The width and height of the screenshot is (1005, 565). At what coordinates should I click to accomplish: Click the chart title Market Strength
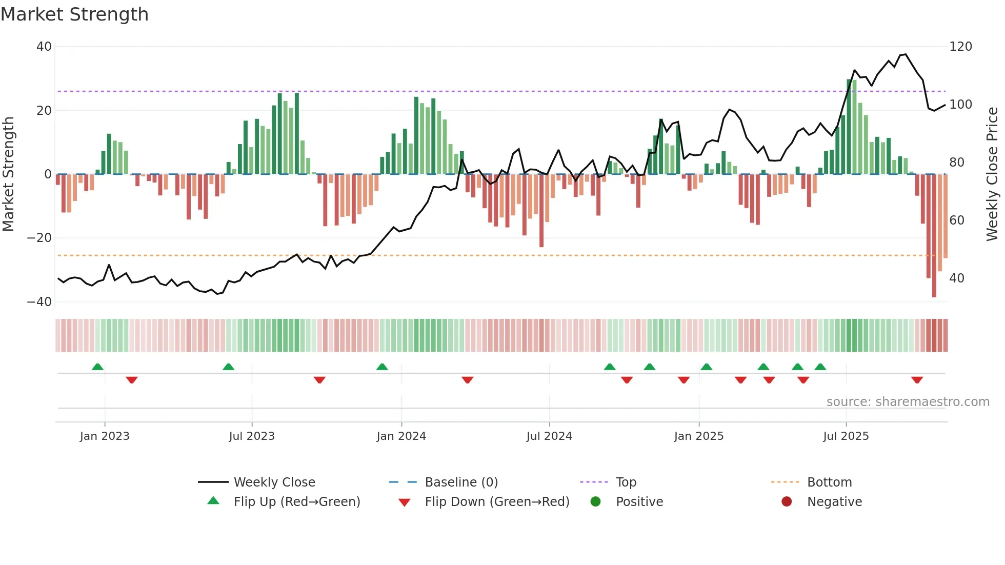click(x=74, y=14)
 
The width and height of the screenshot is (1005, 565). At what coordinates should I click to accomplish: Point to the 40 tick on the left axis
click(x=44, y=47)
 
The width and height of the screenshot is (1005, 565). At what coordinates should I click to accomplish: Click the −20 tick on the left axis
click(x=39, y=238)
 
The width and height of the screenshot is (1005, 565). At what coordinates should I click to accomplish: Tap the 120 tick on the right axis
click(x=960, y=47)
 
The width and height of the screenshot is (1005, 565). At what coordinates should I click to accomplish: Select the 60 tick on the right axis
click(x=957, y=220)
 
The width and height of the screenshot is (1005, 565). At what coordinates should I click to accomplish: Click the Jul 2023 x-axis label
click(x=252, y=436)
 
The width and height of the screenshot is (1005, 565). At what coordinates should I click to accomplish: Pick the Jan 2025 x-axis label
click(x=698, y=436)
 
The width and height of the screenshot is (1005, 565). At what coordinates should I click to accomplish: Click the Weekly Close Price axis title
click(x=992, y=174)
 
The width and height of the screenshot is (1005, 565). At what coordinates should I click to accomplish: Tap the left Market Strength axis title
click(x=8, y=174)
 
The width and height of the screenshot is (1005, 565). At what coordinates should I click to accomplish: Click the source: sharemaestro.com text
click(x=908, y=402)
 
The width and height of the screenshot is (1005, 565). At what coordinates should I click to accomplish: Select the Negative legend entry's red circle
click(x=787, y=501)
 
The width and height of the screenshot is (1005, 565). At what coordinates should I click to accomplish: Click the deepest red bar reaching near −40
click(x=934, y=236)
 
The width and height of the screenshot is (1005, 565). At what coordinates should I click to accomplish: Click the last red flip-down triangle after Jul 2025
click(x=917, y=380)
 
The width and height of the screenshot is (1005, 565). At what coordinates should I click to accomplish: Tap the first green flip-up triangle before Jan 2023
click(x=97, y=367)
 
